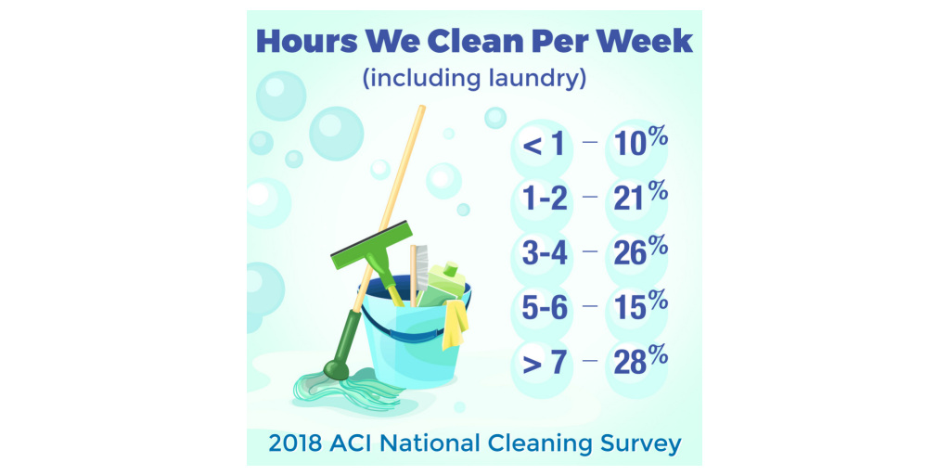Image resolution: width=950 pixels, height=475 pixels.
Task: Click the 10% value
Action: click(x=640, y=145)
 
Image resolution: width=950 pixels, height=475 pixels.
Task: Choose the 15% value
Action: click(x=640, y=307)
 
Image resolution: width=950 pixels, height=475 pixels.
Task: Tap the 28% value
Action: click(x=640, y=362)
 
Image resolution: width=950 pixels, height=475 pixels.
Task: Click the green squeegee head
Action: click(x=371, y=245)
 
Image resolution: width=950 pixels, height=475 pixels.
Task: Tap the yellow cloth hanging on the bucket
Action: click(x=455, y=324)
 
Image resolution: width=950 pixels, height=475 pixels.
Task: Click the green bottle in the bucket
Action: click(x=446, y=285)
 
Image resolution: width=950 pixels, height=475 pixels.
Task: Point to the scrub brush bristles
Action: click(x=421, y=266)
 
